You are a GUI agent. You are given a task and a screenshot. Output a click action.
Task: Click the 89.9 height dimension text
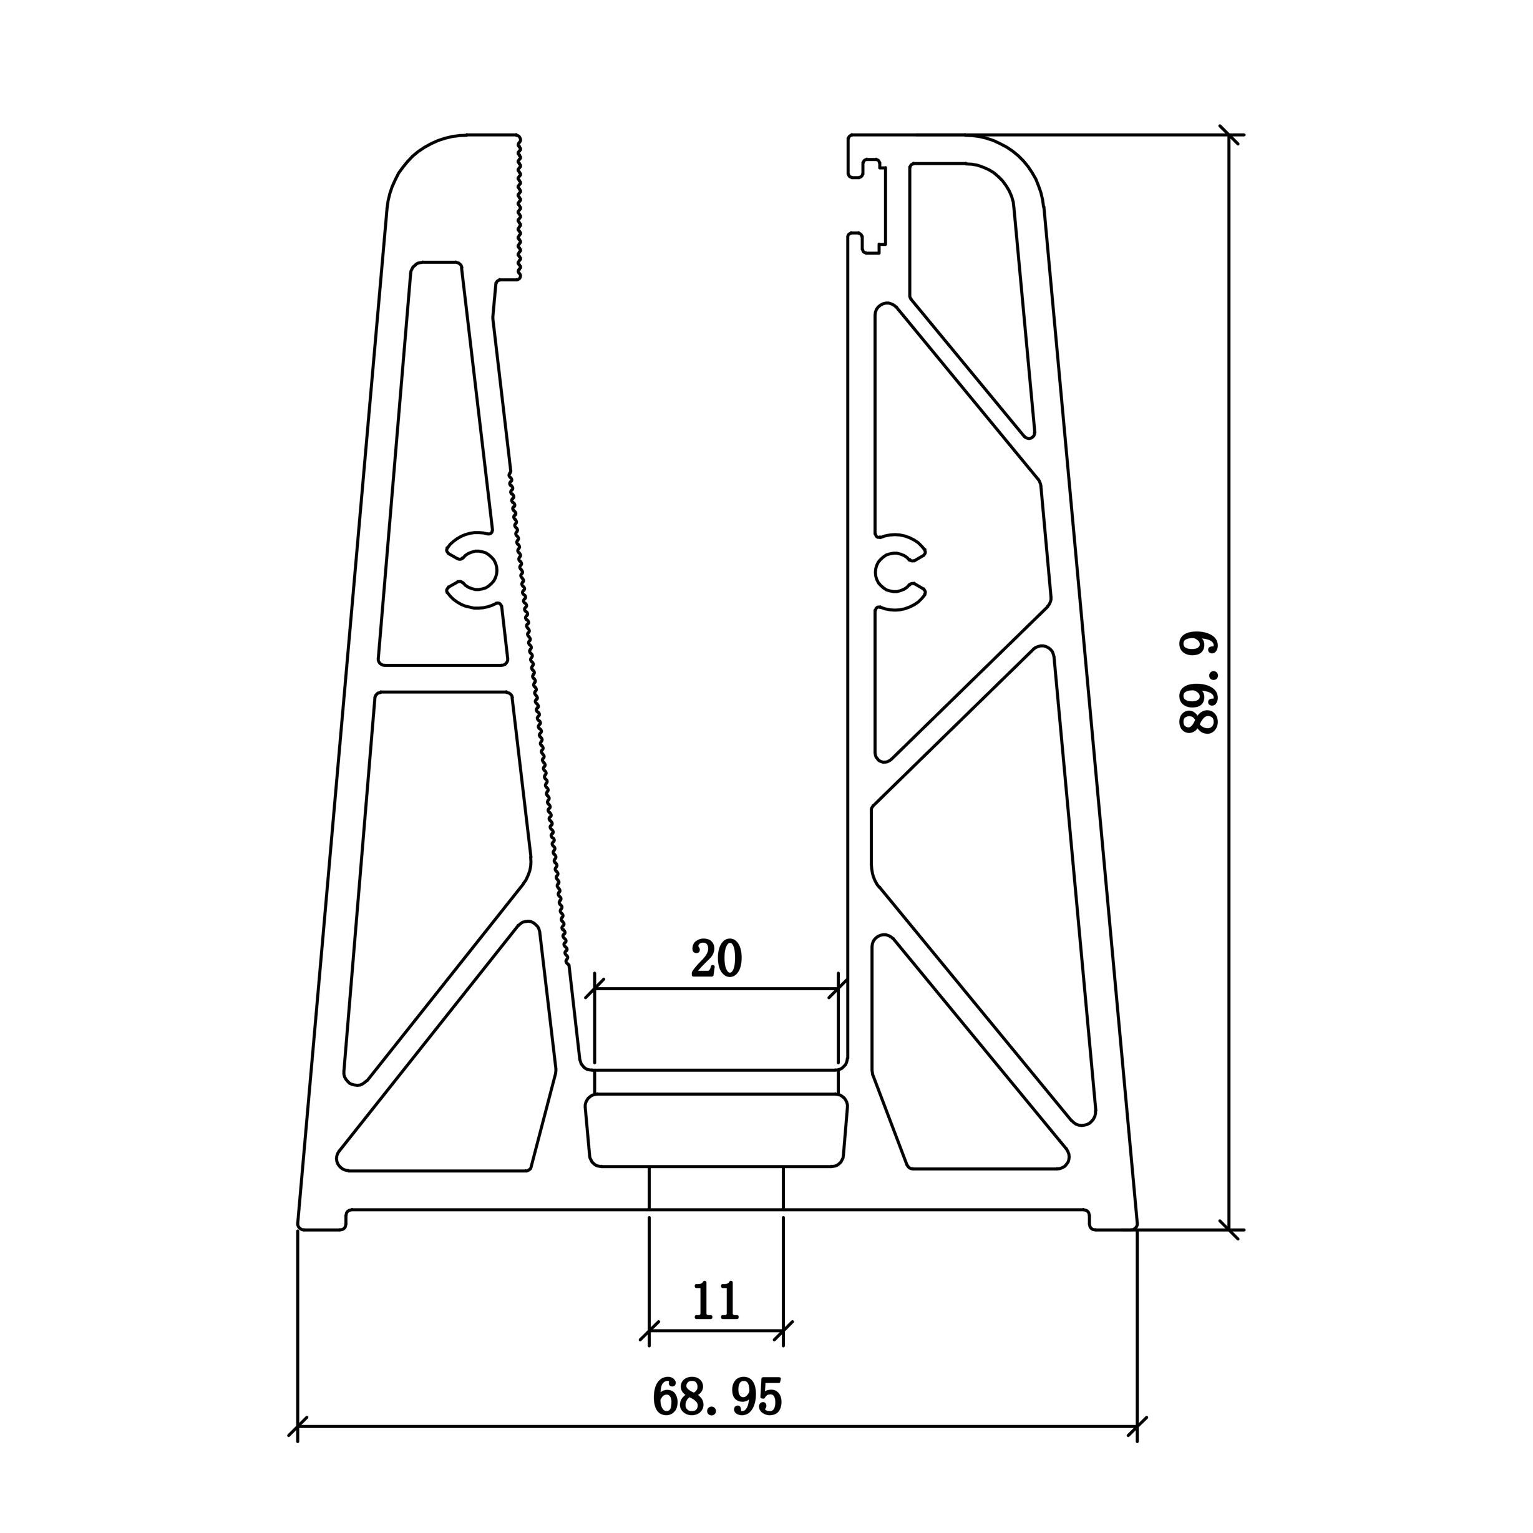pyautogui.click(x=1198, y=684)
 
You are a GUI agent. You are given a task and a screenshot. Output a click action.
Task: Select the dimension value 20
pyautogui.click(x=716, y=960)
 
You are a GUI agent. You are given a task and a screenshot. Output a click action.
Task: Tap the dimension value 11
pyautogui.click(x=716, y=1302)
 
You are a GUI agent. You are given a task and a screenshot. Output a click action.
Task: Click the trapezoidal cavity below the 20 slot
pyautogui.click(x=716, y=1130)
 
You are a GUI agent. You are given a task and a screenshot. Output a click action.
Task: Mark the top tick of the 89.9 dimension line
pyautogui.click(x=1229, y=135)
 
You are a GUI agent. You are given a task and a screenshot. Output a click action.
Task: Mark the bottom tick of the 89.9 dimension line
pyautogui.click(x=1229, y=1230)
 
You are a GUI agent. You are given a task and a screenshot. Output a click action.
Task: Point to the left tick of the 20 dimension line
pyautogui.click(x=595, y=989)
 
